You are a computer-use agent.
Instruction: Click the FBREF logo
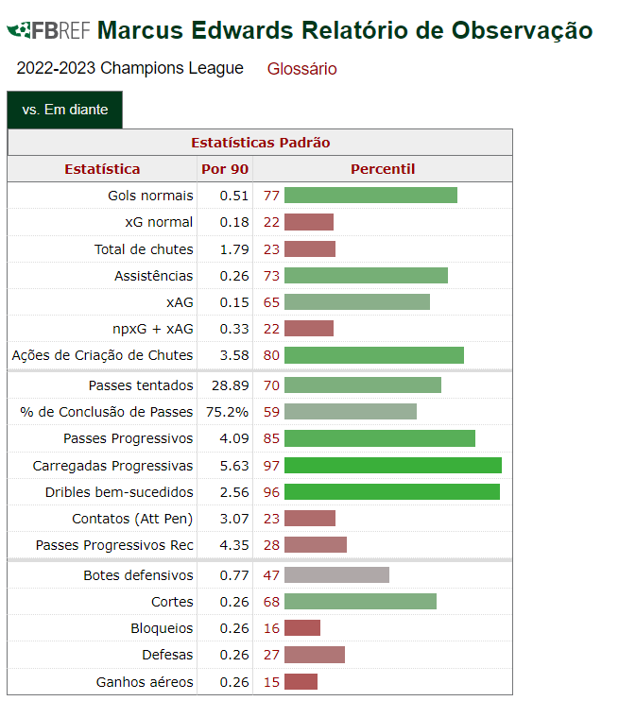[48, 30]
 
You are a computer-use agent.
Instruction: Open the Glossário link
[301, 69]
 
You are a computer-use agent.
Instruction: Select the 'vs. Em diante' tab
[65, 110]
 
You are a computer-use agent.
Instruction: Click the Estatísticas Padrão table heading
[260, 143]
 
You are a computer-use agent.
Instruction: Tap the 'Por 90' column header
[225, 169]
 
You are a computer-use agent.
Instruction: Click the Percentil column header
[383, 169]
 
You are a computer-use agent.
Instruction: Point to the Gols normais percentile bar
[370, 196]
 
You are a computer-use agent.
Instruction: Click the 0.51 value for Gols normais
[233, 196]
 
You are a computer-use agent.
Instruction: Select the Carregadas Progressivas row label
[112, 466]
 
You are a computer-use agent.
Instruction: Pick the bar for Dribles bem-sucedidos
[391, 492]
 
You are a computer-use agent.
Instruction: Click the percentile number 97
[272, 466]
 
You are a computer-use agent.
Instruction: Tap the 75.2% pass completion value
[228, 412]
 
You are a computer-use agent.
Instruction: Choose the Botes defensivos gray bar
[336, 575]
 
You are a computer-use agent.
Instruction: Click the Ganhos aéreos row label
[145, 682]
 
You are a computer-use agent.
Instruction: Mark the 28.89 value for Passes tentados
[230, 385]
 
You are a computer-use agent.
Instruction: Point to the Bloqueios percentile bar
[302, 628]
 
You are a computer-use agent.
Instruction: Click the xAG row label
[179, 302]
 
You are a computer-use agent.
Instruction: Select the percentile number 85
[272, 438]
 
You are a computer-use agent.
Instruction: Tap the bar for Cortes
[360, 602]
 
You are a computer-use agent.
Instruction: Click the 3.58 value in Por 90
[233, 355]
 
